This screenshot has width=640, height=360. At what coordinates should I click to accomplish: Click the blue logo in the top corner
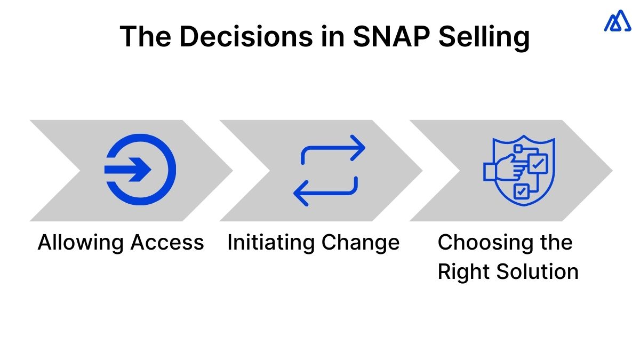coord(617,21)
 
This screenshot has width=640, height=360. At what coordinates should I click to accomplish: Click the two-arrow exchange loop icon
coord(329,170)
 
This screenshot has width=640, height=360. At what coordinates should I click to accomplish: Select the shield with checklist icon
coord(519,170)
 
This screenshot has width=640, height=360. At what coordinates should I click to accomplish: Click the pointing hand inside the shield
coord(501,170)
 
